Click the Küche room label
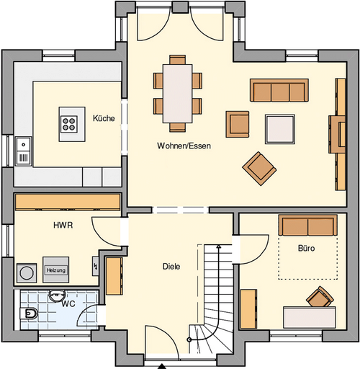(104, 118)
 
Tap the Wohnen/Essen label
(184, 146)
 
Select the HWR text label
(63, 225)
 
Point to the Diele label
(171, 267)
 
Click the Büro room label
(306, 248)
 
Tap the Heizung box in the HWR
(56, 270)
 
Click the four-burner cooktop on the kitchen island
(69, 124)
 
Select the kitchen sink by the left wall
(23, 151)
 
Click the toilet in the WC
(29, 314)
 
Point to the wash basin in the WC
(58, 295)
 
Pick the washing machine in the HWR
(27, 273)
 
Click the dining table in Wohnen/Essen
(178, 94)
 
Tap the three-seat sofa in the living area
(279, 90)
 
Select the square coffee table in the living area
(280, 129)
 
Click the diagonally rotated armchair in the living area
(259, 169)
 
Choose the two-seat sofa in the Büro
(308, 225)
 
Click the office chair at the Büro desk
(320, 297)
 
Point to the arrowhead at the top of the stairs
(218, 246)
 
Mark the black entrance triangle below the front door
(162, 366)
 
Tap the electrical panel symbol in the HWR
(95, 266)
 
